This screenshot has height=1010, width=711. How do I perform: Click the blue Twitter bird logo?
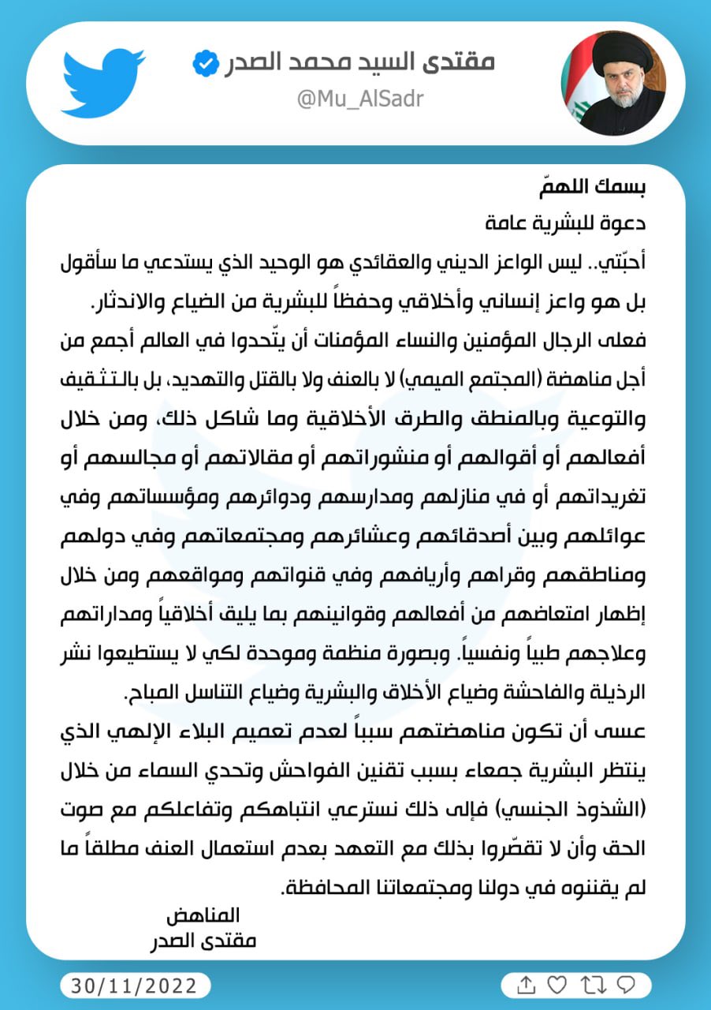[102, 82]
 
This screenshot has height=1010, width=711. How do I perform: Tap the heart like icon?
[557, 986]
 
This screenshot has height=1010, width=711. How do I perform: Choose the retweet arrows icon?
[591, 986]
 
